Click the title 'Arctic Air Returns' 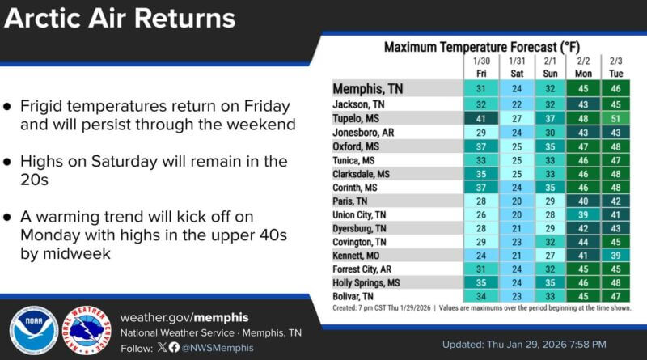(121, 19)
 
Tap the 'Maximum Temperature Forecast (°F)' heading (481, 48)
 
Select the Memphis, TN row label (366, 88)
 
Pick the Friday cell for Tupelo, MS (480, 119)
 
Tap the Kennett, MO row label (357, 256)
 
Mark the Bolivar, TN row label (356, 297)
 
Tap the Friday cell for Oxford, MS (480, 146)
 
